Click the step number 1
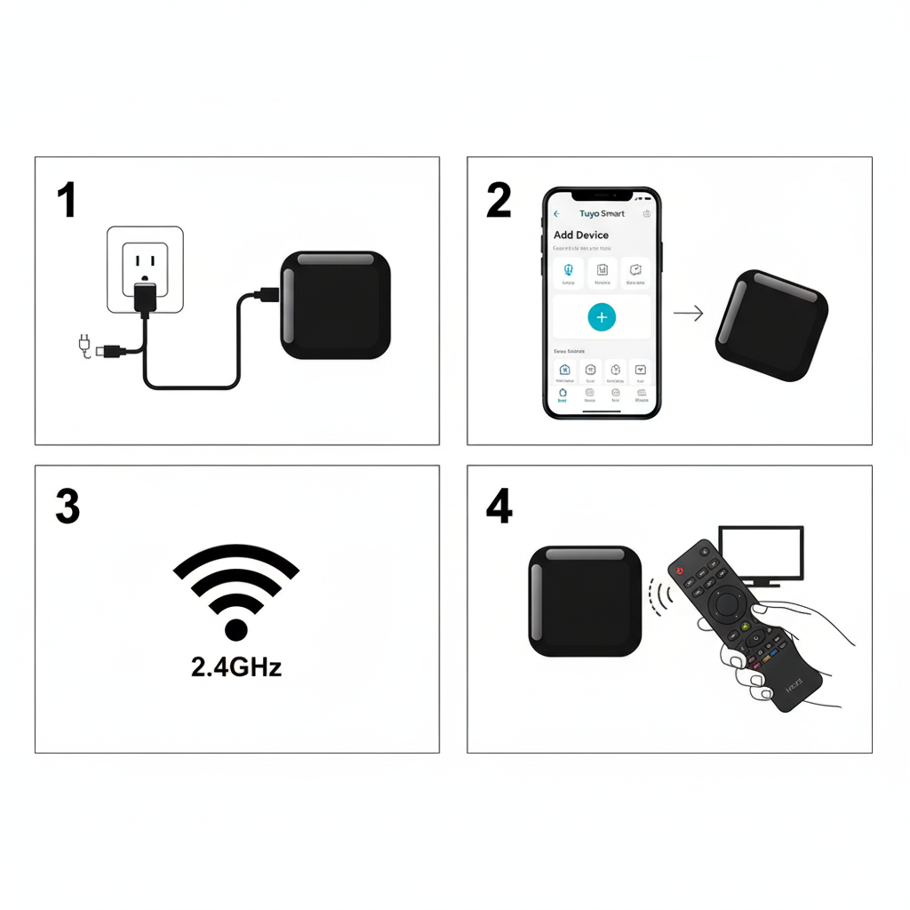pyautogui.click(x=67, y=200)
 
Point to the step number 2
pyautogui.click(x=499, y=200)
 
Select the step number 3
pyautogui.click(x=68, y=507)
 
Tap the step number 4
pyautogui.click(x=499, y=507)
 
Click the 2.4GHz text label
pyautogui.click(x=236, y=667)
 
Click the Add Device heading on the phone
pyautogui.click(x=581, y=235)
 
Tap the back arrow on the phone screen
pyautogui.click(x=557, y=214)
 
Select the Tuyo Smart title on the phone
pyautogui.click(x=602, y=214)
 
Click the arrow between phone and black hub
pyautogui.click(x=688, y=313)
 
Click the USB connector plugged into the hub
pyautogui.click(x=266, y=293)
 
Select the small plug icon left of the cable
pyautogui.click(x=85, y=343)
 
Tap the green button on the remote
pyautogui.click(x=754, y=637)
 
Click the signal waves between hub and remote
pyautogui.click(x=659, y=599)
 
